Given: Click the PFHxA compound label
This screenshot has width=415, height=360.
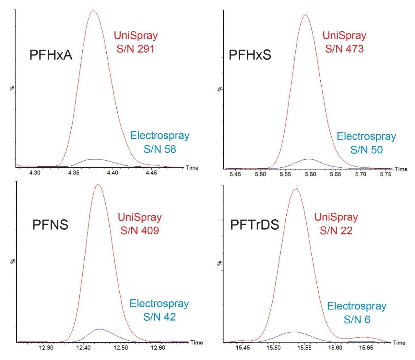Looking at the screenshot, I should point(51,55).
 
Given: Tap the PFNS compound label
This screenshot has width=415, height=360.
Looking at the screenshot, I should point(50,224).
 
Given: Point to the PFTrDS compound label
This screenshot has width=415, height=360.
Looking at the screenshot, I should point(255,224).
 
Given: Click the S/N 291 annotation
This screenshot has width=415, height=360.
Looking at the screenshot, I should point(136,49).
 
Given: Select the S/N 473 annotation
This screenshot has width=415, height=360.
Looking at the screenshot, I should point(344,49).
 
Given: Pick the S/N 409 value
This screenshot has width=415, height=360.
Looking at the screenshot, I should point(139,231).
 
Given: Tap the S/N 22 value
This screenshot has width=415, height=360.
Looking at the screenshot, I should point(336,231).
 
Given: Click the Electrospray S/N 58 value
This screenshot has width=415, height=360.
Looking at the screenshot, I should point(160,149).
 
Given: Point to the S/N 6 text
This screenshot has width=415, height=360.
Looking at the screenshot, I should point(357,320).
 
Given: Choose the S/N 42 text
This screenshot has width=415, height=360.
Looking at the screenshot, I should point(160,317).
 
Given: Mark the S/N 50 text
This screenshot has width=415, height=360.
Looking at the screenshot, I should point(366,150).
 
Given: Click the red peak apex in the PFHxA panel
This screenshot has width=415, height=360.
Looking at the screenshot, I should point(94,11).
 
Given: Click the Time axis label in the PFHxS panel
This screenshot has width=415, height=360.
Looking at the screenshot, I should point(401,169).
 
